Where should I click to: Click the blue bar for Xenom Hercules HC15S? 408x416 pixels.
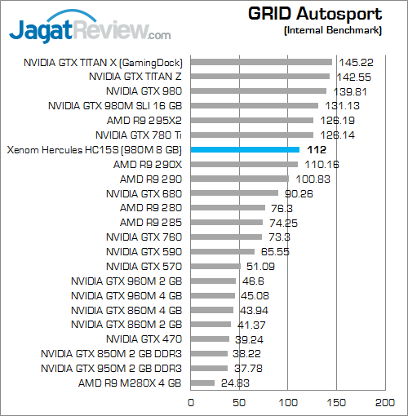click(x=245, y=150)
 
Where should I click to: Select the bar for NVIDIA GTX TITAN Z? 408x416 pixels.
click(x=259, y=77)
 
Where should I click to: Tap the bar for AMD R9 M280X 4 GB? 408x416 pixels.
click(x=202, y=383)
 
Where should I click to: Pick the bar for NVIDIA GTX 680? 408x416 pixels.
click(x=234, y=193)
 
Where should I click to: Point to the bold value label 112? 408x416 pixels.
click(x=317, y=150)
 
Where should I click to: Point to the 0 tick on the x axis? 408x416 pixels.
click(x=191, y=401)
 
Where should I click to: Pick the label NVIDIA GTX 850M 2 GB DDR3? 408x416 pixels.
click(x=111, y=353)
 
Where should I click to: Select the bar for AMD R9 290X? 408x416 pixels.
click(x=244, y=164)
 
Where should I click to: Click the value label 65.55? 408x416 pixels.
click(x=275, y=251)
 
